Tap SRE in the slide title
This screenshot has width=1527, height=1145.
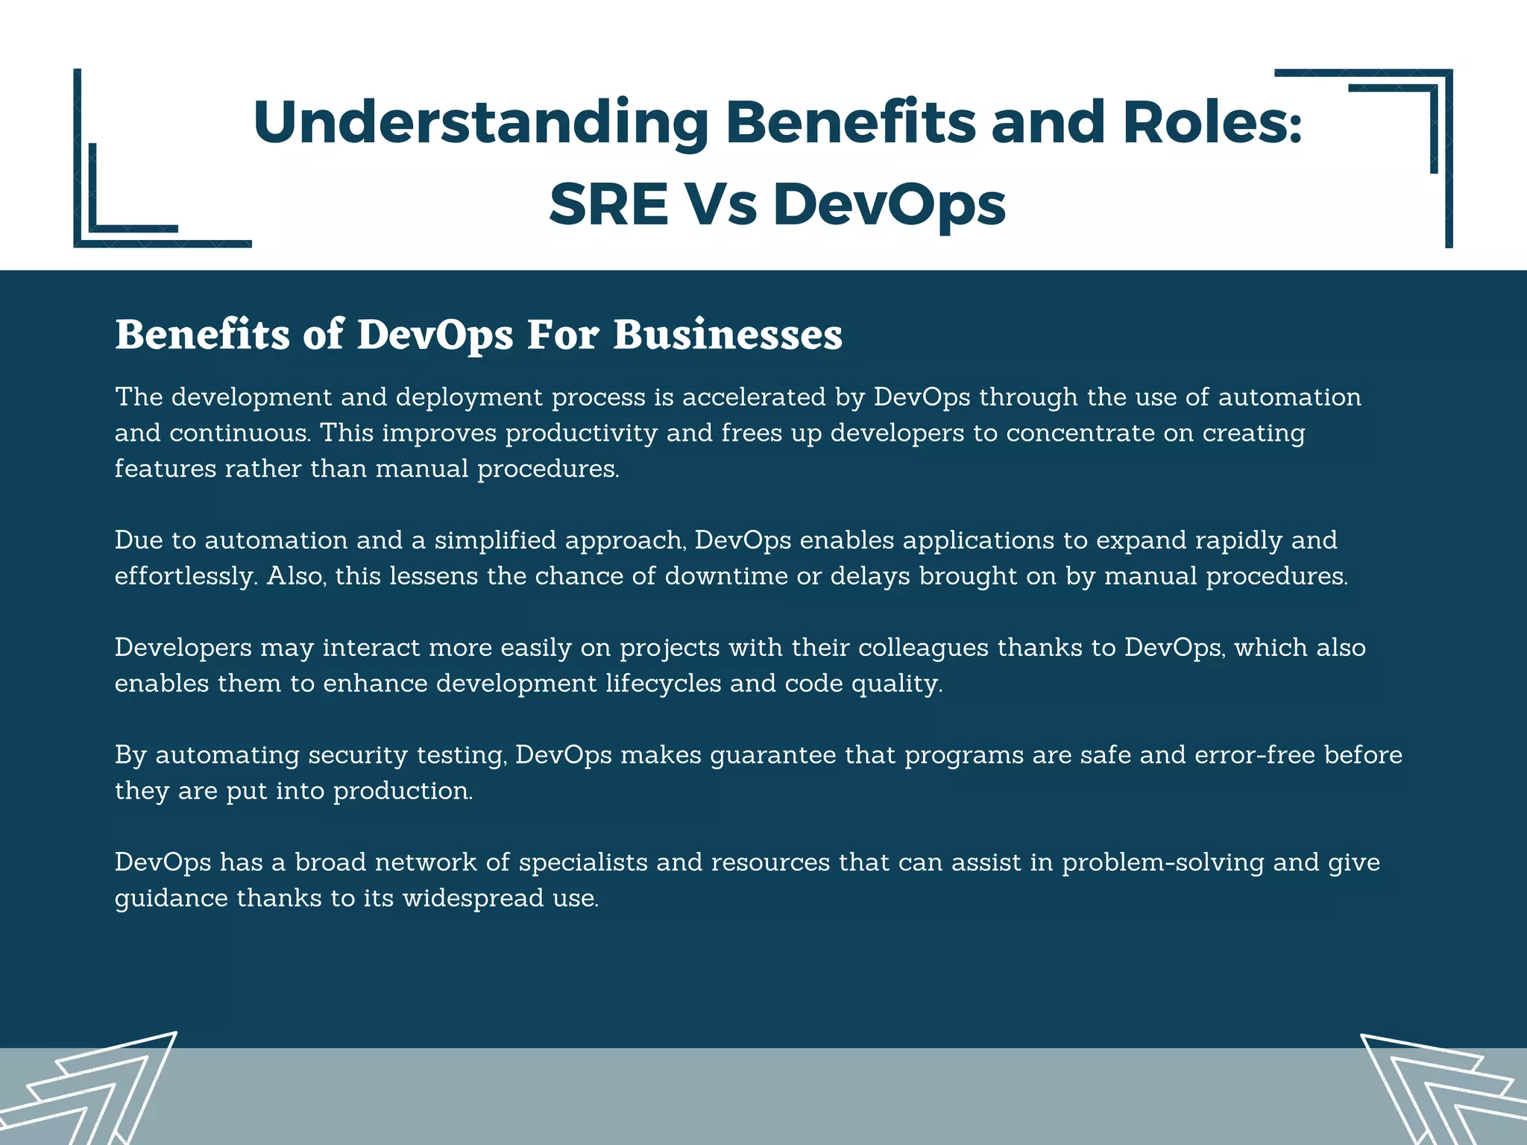click(608, 204)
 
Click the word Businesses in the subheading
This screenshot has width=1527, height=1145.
click(728, 335)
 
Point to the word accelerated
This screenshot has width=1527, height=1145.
click(754, 397)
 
